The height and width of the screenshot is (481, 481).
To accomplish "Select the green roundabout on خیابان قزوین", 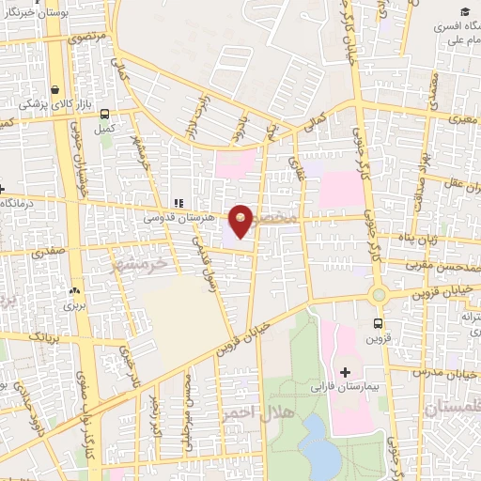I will [x=379, y=295].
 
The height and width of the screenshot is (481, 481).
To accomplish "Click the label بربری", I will [x=73, y=306].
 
